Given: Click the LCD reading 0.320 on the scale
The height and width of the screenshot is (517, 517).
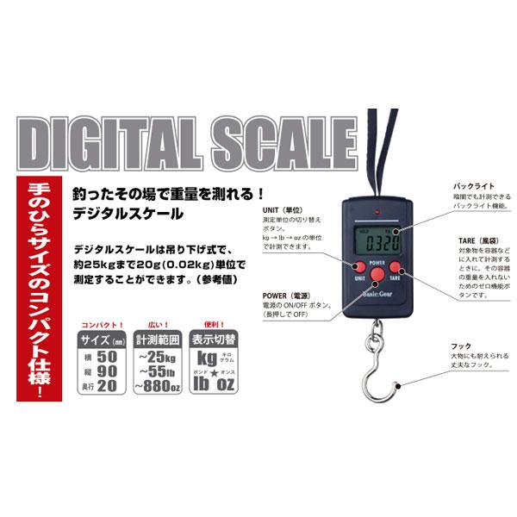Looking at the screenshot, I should coord(377,238).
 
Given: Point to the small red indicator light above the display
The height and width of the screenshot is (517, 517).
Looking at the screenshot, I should coord(376,212).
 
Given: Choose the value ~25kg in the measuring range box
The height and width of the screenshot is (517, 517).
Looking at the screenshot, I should coord(158,354).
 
